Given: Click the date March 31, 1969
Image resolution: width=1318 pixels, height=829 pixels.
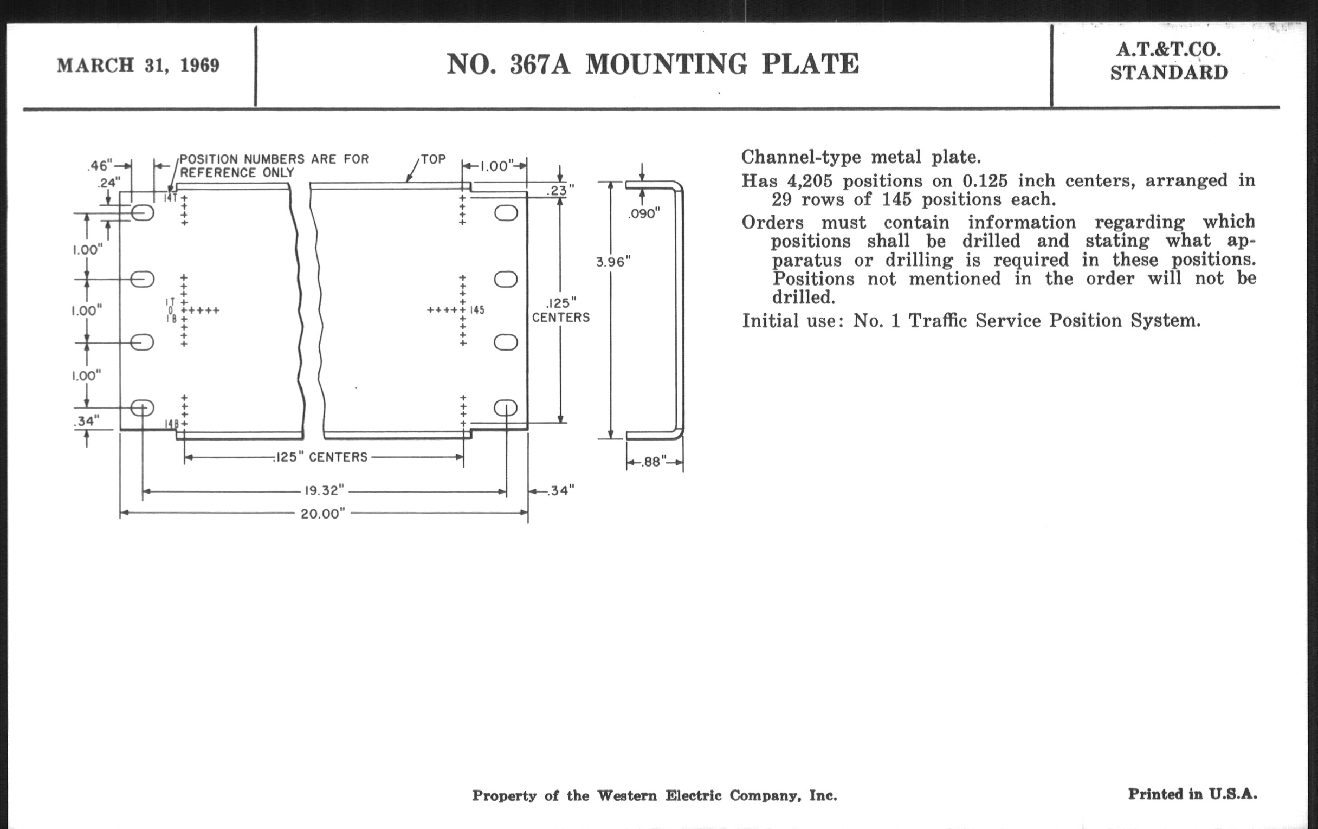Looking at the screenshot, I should pos(138,66).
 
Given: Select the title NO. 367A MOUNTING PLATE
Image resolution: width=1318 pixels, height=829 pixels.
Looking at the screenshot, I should pos(652,64).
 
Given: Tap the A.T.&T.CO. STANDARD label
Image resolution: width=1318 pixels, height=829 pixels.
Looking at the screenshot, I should pos(1168,61).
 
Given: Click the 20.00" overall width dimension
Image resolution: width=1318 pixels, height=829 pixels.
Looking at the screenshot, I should pos(323,514).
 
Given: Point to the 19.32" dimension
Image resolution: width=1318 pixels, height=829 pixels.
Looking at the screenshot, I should pos(324,490).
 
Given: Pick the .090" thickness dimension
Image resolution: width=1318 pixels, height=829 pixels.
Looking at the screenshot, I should pos(644,214).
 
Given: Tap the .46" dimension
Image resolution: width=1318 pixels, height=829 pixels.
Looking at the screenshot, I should pos(100,165).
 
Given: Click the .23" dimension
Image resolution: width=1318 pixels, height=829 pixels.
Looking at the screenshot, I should pos(559,190).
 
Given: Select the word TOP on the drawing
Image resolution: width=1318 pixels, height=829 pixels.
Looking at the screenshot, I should pos(433,159).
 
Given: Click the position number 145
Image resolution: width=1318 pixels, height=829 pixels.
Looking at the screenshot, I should pos(477,310).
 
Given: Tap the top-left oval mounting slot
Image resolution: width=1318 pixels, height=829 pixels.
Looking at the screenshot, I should pos(143,212).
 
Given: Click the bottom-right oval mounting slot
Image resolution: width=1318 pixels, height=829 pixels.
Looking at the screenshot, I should pos(506,407).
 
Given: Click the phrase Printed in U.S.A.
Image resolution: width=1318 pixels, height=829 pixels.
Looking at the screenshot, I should pos(1192,794).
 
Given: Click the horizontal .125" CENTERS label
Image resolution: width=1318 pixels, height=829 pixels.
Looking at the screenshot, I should pos(321,457).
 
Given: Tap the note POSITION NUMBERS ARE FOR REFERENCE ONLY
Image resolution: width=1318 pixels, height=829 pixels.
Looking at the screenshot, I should pos(274,166).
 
